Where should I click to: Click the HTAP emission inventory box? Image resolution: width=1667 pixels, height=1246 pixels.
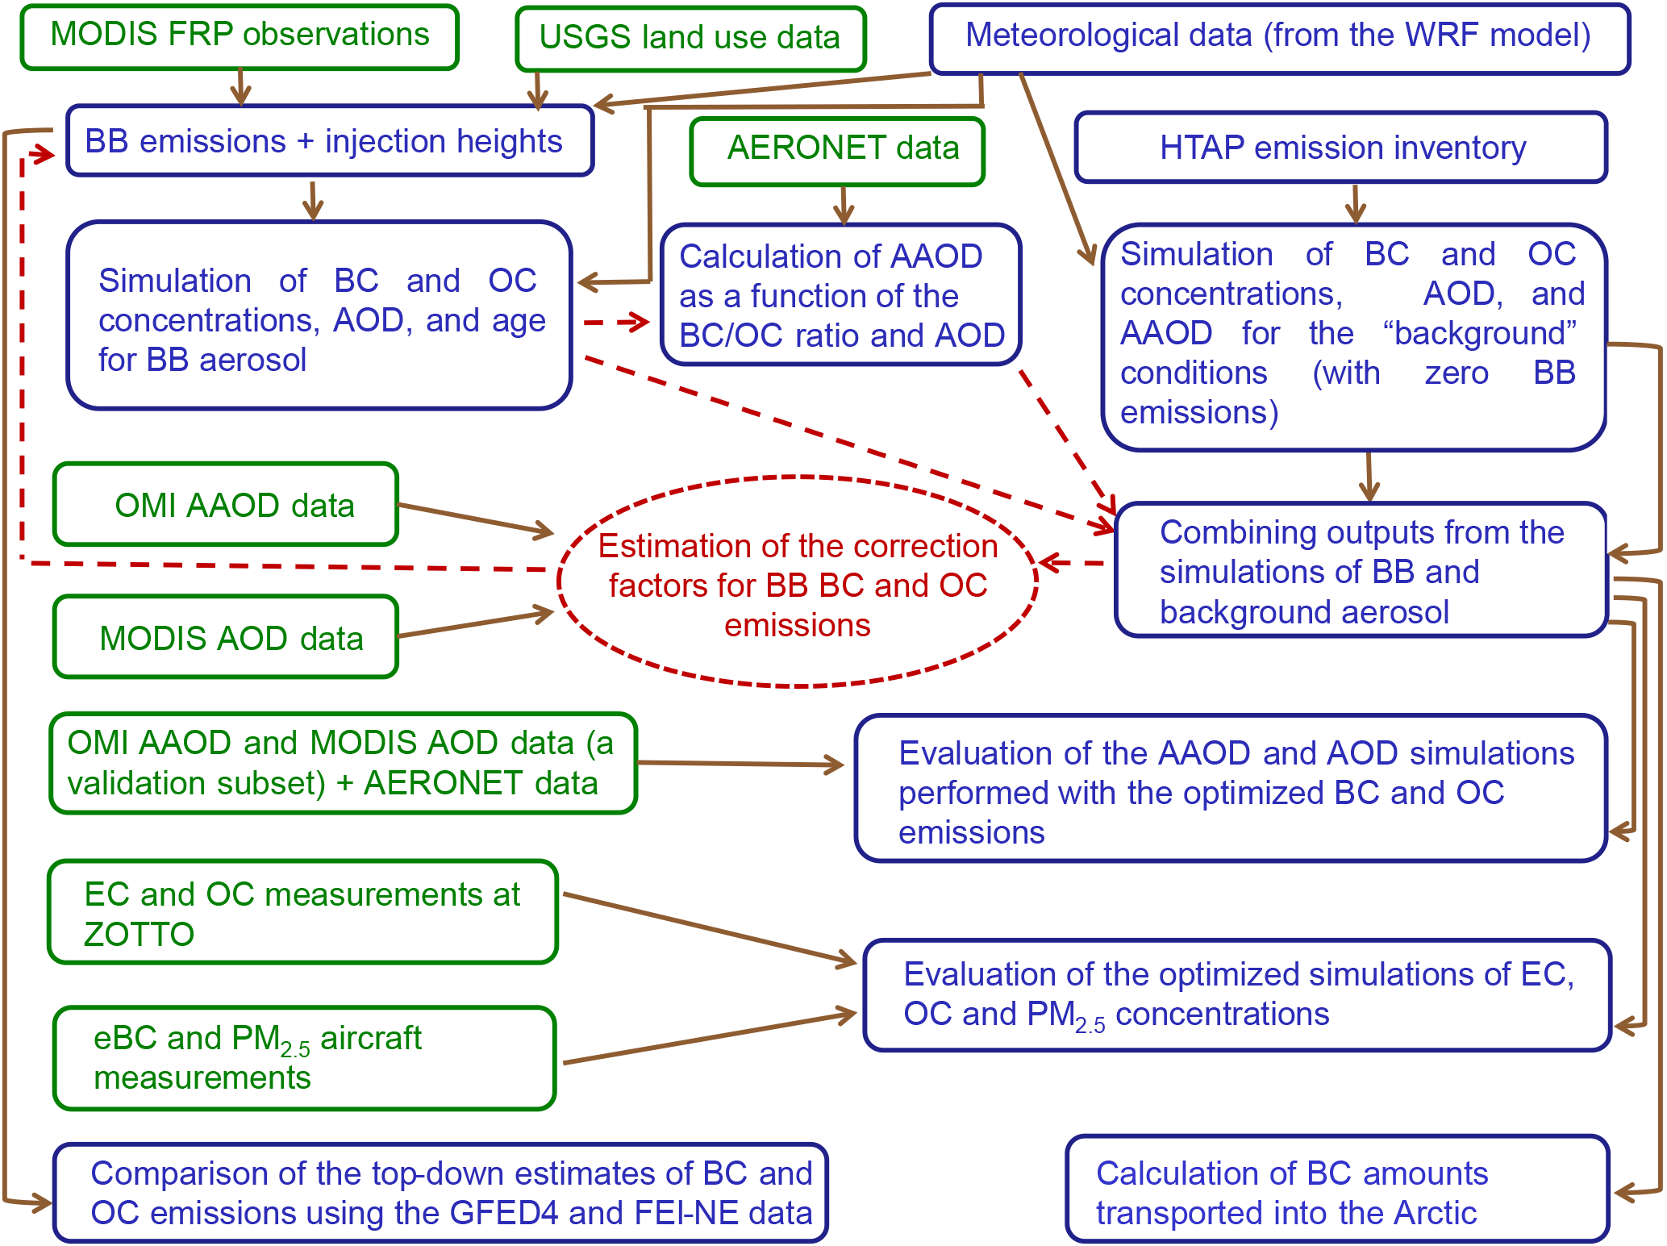[x=1341, y=148]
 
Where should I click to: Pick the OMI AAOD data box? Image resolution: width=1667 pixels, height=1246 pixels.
[x=226, y=505]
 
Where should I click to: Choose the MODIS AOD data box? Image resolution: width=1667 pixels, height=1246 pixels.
[x=226, y=637]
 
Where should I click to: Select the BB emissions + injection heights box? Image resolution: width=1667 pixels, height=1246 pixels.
[x=330, y=141]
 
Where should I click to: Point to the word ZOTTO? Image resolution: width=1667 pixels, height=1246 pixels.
[x=139, y=935]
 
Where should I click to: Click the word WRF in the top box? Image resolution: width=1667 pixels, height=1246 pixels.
[x=1440, y=36]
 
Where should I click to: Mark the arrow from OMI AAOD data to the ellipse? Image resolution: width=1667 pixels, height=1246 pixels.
[x=476, y=519]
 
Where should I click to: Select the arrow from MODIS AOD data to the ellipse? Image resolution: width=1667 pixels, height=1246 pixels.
[x=476, y=624]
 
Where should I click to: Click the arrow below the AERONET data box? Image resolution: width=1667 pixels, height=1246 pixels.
[x=844, y=205]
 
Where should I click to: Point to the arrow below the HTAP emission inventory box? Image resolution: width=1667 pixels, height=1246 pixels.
[x=1356, y=203]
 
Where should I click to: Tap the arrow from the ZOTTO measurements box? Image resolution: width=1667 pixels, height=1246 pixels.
[x=710, y=928]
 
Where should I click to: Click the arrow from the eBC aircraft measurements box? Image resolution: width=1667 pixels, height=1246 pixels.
[x=710, y=1039]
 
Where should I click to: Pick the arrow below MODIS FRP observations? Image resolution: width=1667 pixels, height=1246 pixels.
[x=240, y=87]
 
